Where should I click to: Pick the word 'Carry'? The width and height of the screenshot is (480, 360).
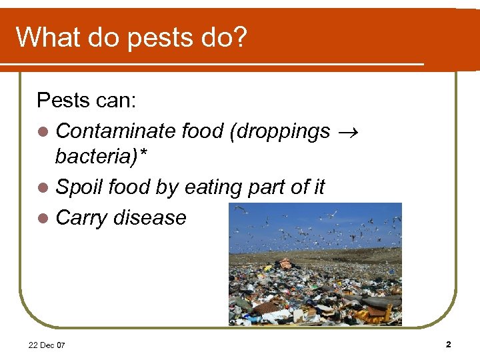(82, 217)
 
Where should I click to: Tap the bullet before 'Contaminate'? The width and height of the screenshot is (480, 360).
(43, 131)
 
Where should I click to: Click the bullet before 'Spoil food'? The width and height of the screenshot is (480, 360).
(43, 189)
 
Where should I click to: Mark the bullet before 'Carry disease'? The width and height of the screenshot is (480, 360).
(43, 218)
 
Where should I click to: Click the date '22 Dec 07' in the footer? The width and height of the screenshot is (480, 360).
(47, 345)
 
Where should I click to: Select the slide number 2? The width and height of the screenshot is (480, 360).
(448, 344)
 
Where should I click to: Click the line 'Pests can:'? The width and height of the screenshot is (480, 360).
(87, 101)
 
